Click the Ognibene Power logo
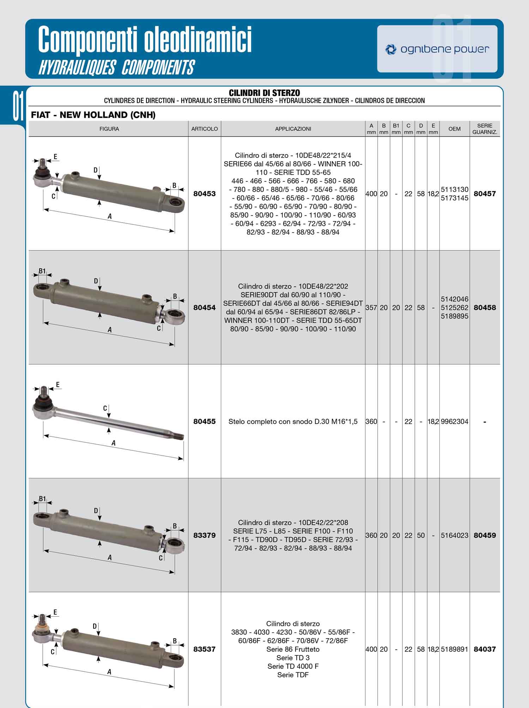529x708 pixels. (x=437, y=49)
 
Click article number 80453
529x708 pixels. (x=205, y=194)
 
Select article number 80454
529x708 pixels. (x=205, y=308)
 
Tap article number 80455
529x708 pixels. (x=205, y=422)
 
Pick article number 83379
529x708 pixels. (x=205, y=535)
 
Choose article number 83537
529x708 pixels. (x=205, y=649)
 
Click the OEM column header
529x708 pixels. (x=454, y=129)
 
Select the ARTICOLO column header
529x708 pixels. (x=205, y=129)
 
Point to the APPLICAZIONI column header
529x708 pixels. (x=293, y=129)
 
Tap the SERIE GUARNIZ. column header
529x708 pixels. (x=485, y=129)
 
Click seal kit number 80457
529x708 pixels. (x=485, y=194)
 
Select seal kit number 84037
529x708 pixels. (x=485, y=649)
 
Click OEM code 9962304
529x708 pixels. (x=455, y=422)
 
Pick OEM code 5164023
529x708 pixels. (x=455, y=535)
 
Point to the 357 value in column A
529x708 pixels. (x=371, y=308)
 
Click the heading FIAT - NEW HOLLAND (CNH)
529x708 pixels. (x=93, y=115)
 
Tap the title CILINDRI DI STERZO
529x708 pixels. (x=264, y=93)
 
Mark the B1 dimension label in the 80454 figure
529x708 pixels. (x=42, y=271)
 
